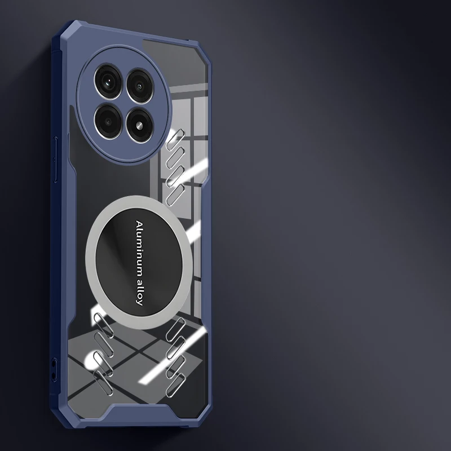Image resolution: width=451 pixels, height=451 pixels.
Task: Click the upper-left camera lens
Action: [108, 82]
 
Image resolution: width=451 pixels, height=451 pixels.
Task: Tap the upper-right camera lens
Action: [140, 86]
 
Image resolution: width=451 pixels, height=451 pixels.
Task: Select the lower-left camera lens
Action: [108, 121]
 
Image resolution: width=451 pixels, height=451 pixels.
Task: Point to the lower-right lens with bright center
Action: [140, 125]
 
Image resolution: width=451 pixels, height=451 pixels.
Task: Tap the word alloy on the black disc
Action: [139, 291]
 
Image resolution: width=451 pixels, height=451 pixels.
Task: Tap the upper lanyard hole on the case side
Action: [53, 364]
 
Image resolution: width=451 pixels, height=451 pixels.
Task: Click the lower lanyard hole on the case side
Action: [54, 375]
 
